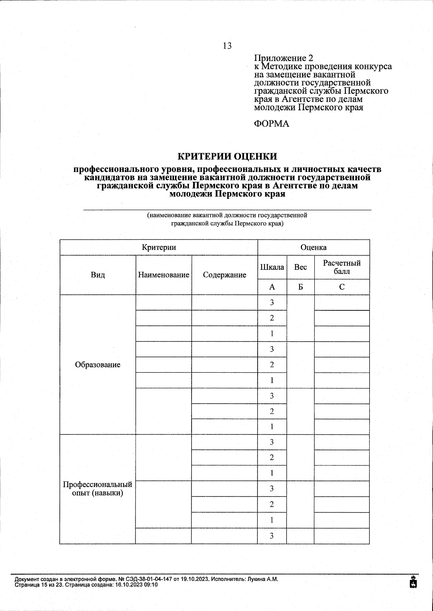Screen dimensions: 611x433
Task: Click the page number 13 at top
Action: point(227,46)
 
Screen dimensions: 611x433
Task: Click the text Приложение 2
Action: point(284,58)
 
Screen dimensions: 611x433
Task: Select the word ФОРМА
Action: point(272,124)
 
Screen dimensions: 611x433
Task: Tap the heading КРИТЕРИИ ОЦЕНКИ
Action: point(227,156)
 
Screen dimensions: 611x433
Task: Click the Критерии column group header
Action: point(159,247)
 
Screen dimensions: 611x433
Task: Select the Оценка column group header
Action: point(313,247)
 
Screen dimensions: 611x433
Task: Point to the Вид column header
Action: point(98,275)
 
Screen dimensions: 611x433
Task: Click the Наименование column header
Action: point(163,275)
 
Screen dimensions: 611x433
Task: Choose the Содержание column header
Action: point(224,275)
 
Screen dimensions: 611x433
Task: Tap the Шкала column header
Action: point(272,267)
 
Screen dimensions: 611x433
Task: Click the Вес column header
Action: point(300,267)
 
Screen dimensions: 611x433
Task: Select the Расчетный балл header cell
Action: point(341,267)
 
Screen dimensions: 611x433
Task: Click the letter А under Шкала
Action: point(272,287)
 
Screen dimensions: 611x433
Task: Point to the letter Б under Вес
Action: point(300,287)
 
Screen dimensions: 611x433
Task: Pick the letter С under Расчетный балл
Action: point(341,287)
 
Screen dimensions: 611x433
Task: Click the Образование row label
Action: point(98,364)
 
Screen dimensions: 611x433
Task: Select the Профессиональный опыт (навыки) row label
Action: point(98,488)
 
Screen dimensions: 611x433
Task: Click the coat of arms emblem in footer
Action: point(414,581)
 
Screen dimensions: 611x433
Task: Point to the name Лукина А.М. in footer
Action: point(262,579)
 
